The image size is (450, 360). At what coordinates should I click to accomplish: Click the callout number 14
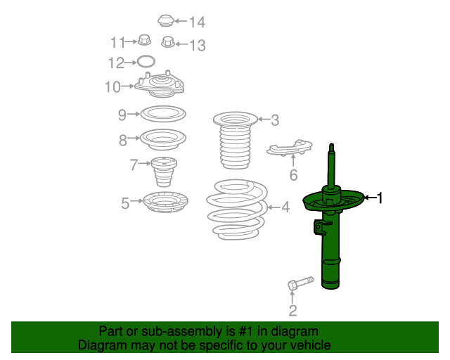(196, 22)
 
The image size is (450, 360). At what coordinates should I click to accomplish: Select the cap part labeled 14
(165, 20)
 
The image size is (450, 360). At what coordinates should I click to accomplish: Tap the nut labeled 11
(143, 41)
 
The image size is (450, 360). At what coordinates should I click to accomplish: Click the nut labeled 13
(168, 44)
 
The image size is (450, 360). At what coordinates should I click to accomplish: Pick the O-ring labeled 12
(145, 62)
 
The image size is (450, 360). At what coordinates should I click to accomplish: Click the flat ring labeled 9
(164, 113)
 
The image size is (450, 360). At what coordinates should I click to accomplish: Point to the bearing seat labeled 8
(163, 139)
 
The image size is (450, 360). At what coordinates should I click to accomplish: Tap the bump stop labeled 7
(163, 172)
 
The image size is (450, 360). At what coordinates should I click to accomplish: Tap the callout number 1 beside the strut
(380, 198)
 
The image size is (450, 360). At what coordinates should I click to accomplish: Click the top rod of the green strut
(330, 165)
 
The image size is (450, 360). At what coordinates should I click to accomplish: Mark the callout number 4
(285, 207)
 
